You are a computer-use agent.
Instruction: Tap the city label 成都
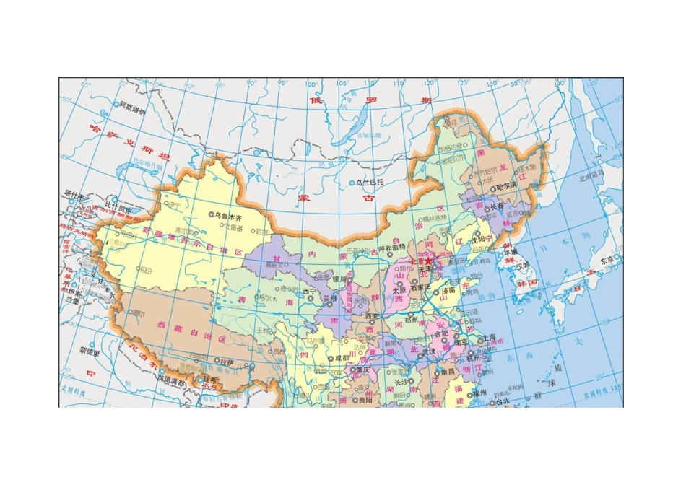pyautogui.click(x=342, y=357)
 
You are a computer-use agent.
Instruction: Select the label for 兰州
pyautogui.click(x=330, y=297)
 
